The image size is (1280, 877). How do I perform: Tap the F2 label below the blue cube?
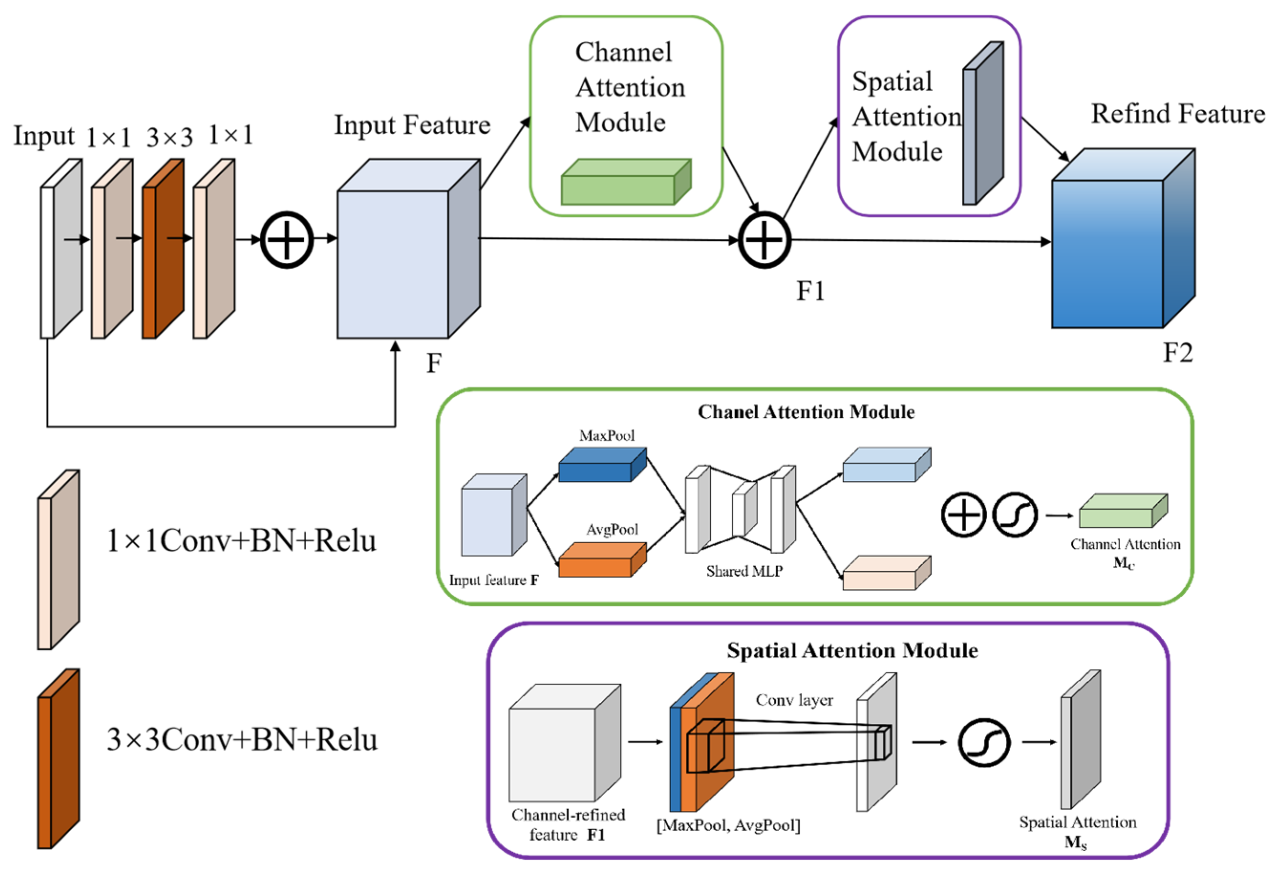tap(1178, 353)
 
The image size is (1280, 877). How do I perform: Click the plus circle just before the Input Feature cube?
tap(287, 240)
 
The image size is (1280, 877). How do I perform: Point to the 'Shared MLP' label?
tap(744, 571)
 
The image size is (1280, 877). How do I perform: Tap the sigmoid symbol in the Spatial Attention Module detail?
tap(984, 743)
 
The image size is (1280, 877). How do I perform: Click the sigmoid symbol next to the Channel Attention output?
tap(1014, 515)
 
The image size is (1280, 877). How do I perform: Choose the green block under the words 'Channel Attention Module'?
tap(626, 183)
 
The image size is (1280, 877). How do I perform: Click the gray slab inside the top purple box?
tap(982, 124)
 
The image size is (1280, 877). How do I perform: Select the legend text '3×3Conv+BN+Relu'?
tap(242, 740)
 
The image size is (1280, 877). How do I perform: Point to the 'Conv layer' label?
tap(794, 700)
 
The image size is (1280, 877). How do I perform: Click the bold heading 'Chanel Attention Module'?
tap(806, 412)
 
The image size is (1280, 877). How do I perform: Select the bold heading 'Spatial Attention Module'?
tap(852, 651)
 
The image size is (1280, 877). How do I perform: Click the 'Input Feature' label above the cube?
tap(412, 125)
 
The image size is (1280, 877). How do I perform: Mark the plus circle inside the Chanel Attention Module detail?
tap(963, 515)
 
